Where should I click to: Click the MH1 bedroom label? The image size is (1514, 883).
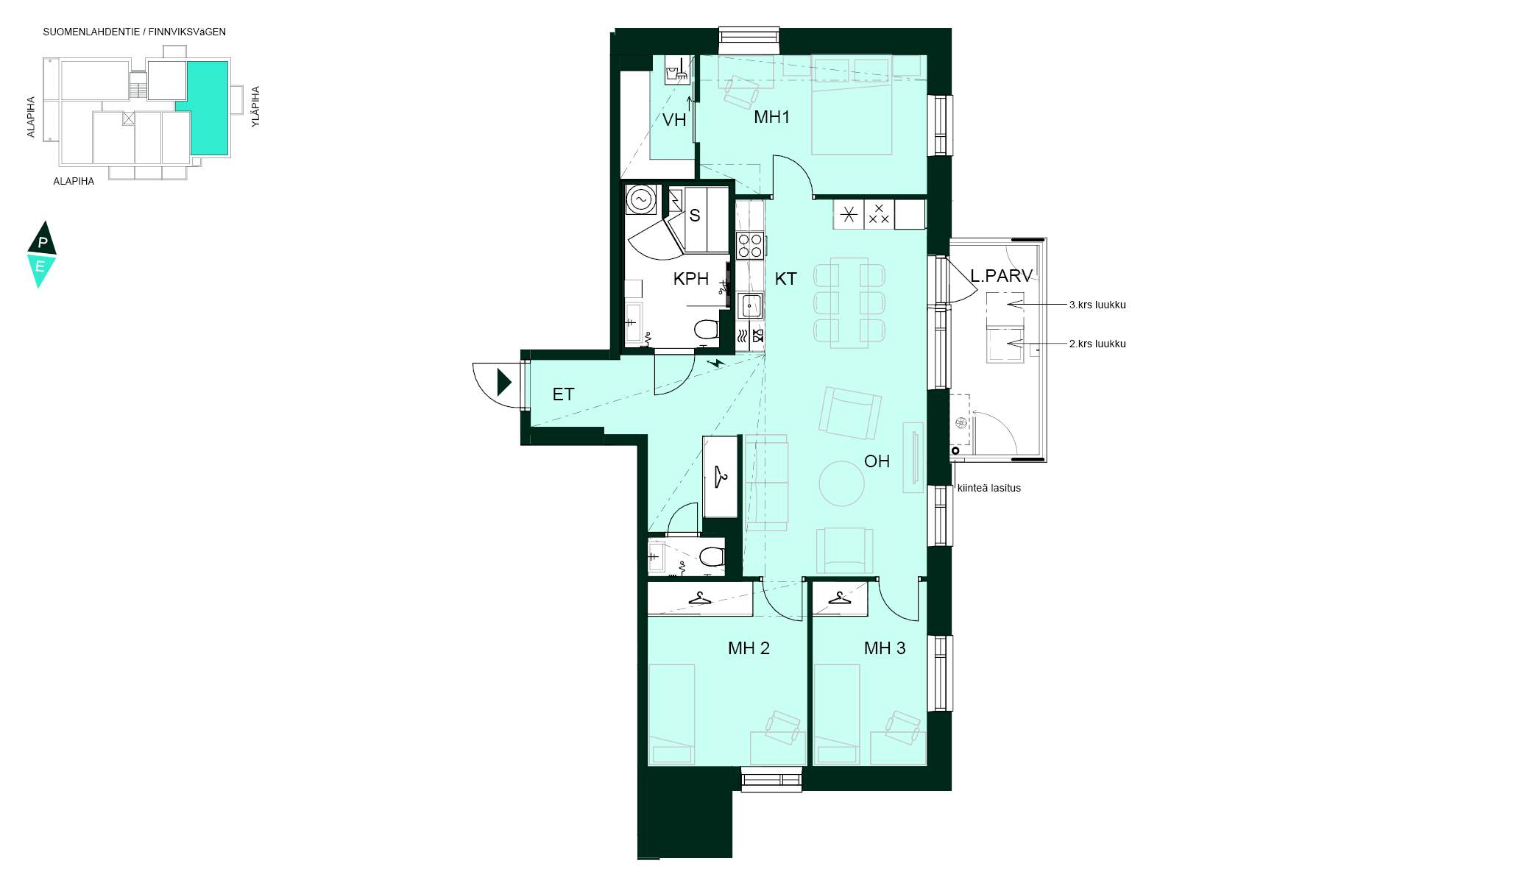pos(771,116)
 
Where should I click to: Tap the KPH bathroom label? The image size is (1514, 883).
pos(691,279)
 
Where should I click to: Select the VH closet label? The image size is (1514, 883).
pos(674,120)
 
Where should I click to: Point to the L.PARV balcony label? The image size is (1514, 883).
pos(1001,276)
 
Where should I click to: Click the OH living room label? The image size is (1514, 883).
pos(877,461)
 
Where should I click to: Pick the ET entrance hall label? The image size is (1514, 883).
pos(563,394)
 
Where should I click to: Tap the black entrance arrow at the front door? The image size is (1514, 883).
pos(504,383)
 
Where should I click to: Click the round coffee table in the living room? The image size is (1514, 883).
pos(842,483)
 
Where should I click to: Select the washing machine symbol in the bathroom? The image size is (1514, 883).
pos(640,199)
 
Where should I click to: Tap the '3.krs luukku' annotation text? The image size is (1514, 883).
pos(1097,305)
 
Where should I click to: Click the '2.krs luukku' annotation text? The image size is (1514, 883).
pos(1097,344)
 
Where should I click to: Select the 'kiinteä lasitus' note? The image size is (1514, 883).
pos(988,488)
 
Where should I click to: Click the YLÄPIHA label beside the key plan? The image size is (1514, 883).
pos(255,107)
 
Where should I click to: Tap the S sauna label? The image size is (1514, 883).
pos(695,216)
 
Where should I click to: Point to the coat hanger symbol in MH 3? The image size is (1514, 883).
pos(840,597)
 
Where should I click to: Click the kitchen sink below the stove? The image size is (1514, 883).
pos(750,305)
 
